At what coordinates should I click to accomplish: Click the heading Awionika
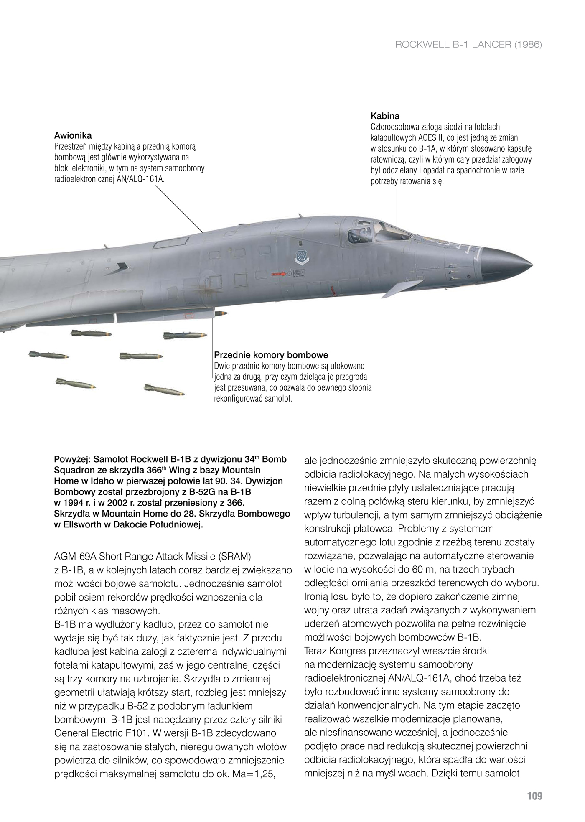[73, 135]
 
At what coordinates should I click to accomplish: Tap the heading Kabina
[385, 116]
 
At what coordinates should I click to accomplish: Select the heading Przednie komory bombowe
[271, 355]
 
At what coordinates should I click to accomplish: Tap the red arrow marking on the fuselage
[279, 274]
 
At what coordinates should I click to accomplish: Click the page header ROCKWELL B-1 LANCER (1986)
[468, 45]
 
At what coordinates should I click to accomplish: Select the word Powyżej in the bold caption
[72, 460]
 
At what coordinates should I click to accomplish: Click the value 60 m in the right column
[423, 570]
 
